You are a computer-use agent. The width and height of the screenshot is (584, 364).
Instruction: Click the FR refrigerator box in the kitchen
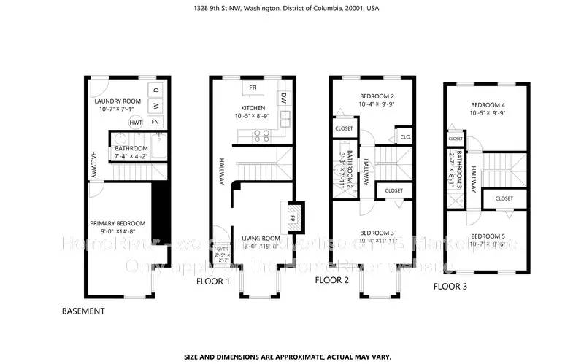[253, 88]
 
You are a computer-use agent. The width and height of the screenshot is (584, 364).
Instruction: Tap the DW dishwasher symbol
[283, 98]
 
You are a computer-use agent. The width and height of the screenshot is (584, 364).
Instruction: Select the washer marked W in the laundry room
[155, 107]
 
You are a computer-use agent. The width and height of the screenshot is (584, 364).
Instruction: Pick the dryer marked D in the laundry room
[155, 90]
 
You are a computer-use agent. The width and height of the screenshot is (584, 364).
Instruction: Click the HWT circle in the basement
[136, 123]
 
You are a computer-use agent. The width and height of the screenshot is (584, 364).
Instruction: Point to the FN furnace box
[155, 123]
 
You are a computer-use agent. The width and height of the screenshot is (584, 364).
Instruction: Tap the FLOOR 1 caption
[213, 282]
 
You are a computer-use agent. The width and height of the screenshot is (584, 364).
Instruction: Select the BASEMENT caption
[83, 311]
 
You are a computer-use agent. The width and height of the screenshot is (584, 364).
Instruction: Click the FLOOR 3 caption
[450, 287]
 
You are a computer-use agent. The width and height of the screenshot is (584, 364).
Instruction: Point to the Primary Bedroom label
[118, 223]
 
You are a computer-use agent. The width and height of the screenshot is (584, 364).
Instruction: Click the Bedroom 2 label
[377, 96]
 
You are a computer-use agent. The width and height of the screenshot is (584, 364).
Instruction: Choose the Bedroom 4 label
[488, 104]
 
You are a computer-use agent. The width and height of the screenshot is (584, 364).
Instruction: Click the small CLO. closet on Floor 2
[404, 136]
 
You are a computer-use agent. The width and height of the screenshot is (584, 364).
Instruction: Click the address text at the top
[292, 9]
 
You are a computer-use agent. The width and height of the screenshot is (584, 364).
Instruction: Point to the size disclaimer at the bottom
[292, 357]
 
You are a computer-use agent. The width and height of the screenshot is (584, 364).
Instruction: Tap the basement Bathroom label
[132, 147]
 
